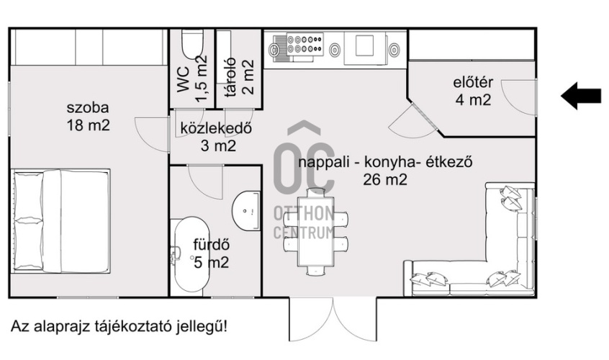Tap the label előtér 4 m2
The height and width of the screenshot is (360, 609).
473,91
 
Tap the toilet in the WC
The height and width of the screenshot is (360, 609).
192,44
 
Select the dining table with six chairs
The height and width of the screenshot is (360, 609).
315,230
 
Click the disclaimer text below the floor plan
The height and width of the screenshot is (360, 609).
119,326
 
